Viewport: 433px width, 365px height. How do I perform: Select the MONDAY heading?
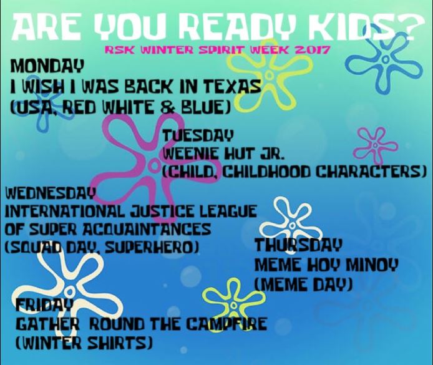[x=46, y=65]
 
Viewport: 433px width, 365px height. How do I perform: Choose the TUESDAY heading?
[x=198, y=134]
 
